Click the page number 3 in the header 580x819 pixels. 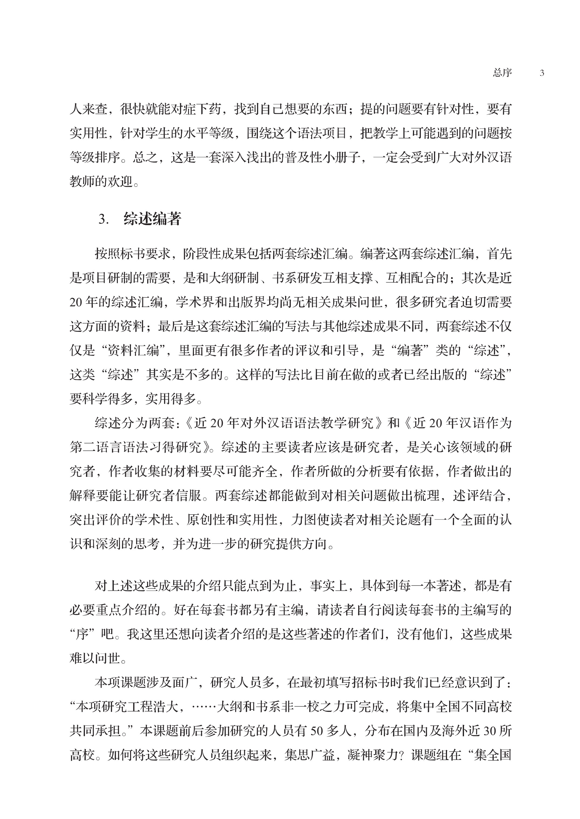coord(542,73)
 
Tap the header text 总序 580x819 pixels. coord(502,73)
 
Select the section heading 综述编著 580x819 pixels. coord(152,219)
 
